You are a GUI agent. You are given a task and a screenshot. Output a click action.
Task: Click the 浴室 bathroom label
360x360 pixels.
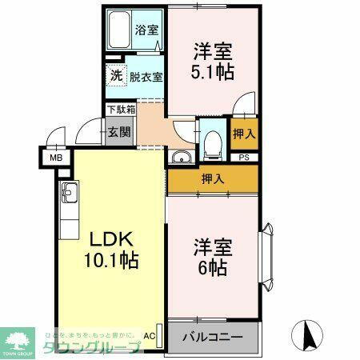(147, 30)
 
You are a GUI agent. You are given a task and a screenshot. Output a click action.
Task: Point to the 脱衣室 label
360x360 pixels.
(145, 78)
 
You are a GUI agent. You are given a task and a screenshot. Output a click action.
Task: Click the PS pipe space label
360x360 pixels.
(244, 158)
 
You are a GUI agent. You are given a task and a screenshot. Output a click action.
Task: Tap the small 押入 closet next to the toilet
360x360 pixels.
(244, 134)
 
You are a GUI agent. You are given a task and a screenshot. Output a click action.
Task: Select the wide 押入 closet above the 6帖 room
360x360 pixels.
(213, 178)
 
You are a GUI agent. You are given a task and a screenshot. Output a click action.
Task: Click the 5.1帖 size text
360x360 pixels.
(213, 73)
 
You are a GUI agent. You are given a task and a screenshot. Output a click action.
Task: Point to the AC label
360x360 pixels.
(150, 336)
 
